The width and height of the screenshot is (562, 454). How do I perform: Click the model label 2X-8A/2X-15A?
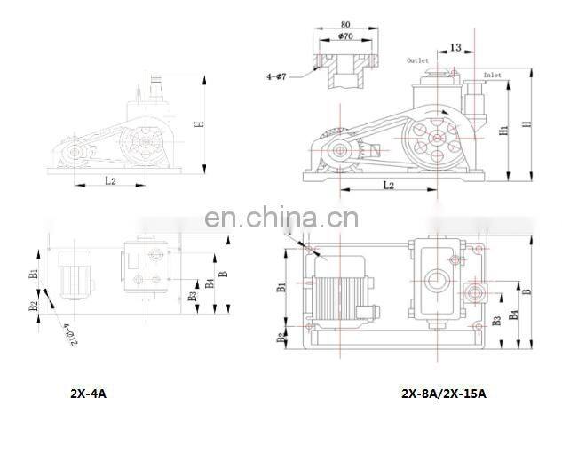click(443, 392)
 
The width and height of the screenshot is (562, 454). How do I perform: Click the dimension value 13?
click(455, 47)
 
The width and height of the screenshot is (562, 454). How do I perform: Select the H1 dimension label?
click(503, 130)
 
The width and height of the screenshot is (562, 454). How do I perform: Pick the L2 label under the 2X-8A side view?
click(389, 185)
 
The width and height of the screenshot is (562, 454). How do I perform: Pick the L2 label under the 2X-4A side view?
click(110, 180)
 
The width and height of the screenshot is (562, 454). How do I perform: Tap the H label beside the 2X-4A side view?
click(201, 124)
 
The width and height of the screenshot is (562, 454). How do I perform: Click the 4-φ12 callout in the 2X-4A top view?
click(65, 335)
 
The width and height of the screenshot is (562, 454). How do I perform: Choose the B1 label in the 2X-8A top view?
click(280, 287)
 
